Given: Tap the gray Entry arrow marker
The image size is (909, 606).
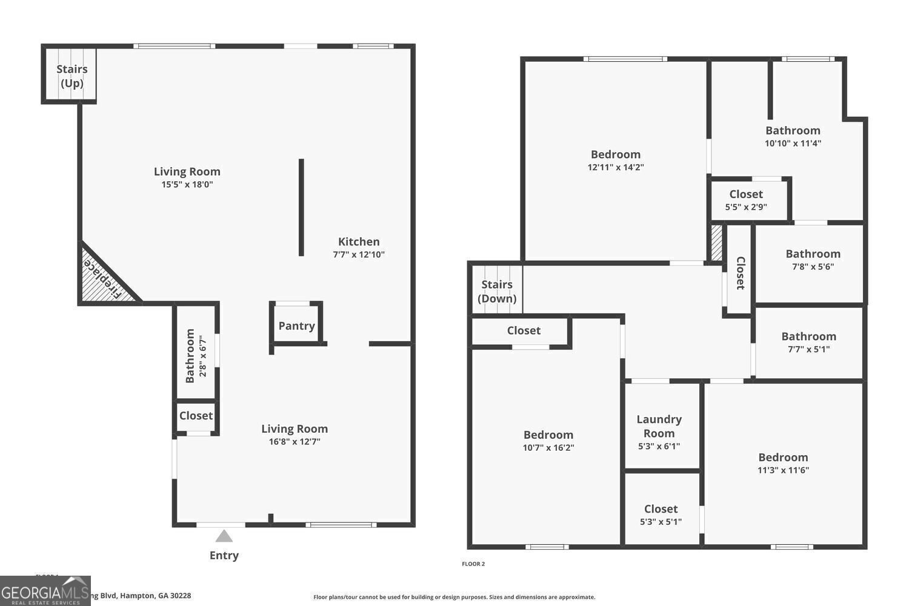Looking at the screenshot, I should click(224, 536).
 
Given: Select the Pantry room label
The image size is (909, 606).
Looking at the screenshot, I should click(296, 325).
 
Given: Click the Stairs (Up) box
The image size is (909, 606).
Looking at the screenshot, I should click(72, 76).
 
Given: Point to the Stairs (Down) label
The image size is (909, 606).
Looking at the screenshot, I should click(497, 291).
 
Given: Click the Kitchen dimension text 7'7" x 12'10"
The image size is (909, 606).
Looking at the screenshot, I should click(359, 255).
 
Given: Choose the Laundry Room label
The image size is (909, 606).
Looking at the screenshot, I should click(659, 426).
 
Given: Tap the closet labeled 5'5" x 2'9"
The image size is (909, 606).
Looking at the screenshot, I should click(746, 201).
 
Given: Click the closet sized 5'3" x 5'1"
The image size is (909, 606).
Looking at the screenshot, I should click(661, 515).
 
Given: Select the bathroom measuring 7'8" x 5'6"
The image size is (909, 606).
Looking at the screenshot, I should click(813, 260).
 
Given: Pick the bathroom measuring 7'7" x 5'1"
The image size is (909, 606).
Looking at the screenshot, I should click(808, 342).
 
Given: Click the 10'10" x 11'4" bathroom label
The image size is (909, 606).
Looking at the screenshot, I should click(793, 136).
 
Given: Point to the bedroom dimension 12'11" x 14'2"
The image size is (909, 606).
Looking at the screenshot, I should click(616, 167).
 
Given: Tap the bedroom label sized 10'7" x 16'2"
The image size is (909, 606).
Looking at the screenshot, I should click(548, 441).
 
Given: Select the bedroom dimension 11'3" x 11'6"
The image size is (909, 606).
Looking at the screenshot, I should click(783, 470).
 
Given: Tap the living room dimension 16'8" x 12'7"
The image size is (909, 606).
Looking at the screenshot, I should click(295, 442).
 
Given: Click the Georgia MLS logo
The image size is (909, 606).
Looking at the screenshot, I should click(45, 591).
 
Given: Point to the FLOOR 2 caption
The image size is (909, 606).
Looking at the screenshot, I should click(473, 564).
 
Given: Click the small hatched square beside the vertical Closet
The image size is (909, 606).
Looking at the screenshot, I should click(717, 243).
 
